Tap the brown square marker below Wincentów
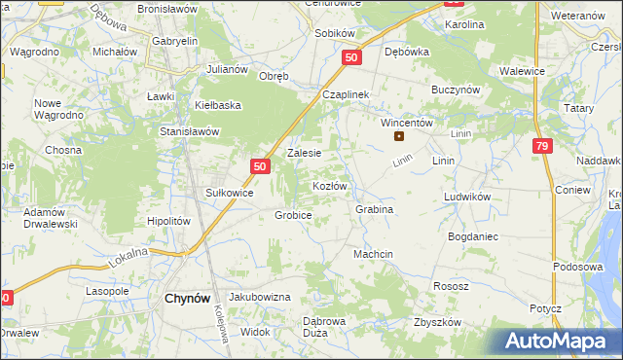coord(398,136)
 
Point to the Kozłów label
coord(329,185)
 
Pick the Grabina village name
coord(374,209)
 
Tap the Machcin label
coord(373,254)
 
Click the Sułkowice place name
coord(229,193)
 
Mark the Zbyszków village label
coord(435,322)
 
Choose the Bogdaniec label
coord(473,236)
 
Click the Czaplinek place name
coord(342,94)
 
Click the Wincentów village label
coord(406,124)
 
